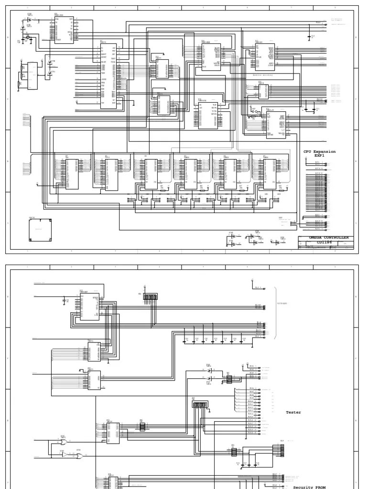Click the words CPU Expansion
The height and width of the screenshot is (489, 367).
coord(319,151)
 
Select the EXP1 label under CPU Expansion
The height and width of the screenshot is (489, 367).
coord(319,155)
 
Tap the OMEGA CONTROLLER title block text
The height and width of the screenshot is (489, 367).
coord(328,237)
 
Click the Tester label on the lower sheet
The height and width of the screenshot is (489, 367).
coord(293,412)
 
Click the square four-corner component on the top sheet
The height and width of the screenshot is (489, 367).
coord(40,231)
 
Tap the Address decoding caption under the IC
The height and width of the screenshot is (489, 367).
coord(262,75)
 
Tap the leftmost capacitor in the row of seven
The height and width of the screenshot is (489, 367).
coord(186,340)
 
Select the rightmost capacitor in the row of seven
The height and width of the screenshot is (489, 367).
coord(244,340)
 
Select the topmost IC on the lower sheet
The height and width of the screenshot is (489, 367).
coord(89,306)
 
